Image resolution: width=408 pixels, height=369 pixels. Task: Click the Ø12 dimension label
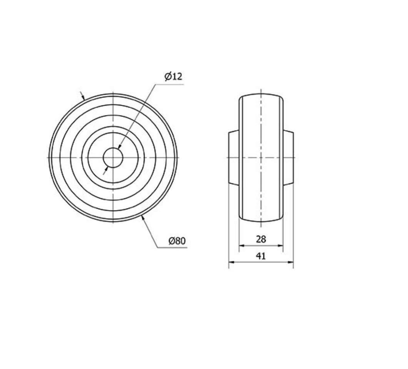[173, 76]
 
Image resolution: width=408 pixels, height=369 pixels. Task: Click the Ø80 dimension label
[177, 241]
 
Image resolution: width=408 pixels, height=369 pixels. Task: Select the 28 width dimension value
[261, 239]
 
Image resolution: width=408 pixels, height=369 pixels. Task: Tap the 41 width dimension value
[261, 256]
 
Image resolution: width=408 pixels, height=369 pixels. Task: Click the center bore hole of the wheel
[113, 158]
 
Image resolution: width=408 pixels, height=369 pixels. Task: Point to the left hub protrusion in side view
[234, 158]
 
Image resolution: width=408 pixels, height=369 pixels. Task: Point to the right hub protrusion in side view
[288, 158]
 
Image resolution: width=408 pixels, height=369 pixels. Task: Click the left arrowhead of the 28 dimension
[241, 245]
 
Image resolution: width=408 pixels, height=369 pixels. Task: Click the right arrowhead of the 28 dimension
[281, 245]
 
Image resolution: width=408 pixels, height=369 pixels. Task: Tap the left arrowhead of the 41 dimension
[231, 262]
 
